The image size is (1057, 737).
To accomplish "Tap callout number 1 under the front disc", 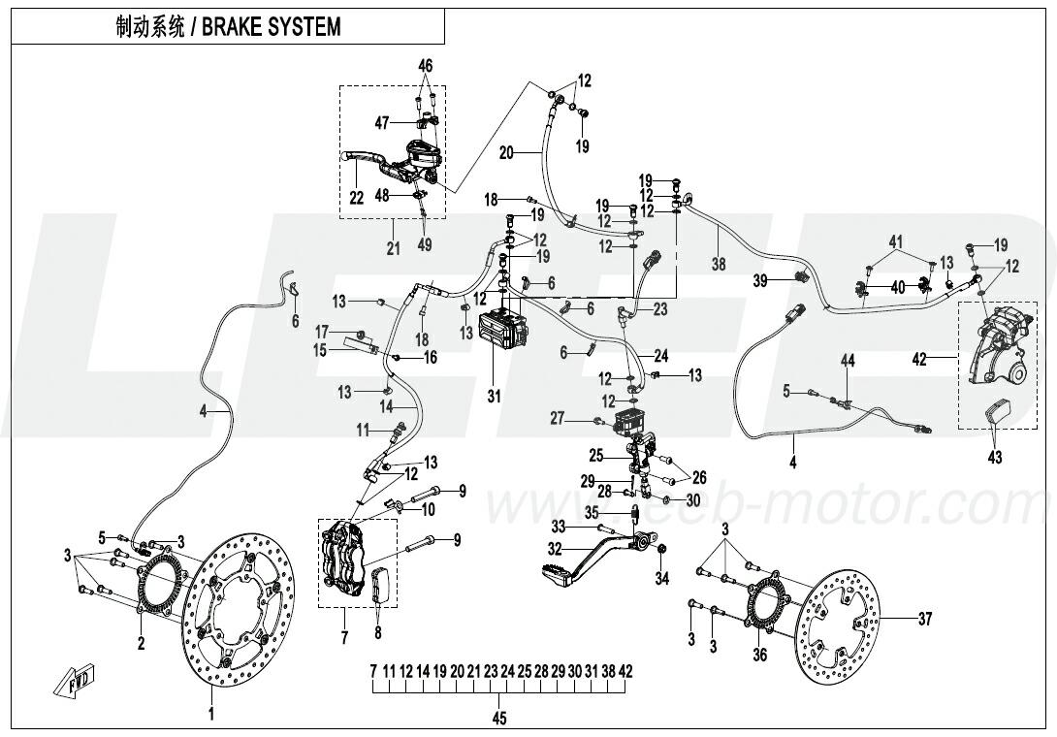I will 211,717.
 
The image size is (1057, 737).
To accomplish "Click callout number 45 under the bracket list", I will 499,719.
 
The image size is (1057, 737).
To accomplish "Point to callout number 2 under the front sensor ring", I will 141,643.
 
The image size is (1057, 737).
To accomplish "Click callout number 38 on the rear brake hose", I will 719,263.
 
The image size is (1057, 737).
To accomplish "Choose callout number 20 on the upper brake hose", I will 506,153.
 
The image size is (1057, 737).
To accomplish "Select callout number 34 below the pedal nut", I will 662,580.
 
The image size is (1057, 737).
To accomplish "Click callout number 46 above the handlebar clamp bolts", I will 425,65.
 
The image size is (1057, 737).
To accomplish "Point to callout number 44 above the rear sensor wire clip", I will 847,361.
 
